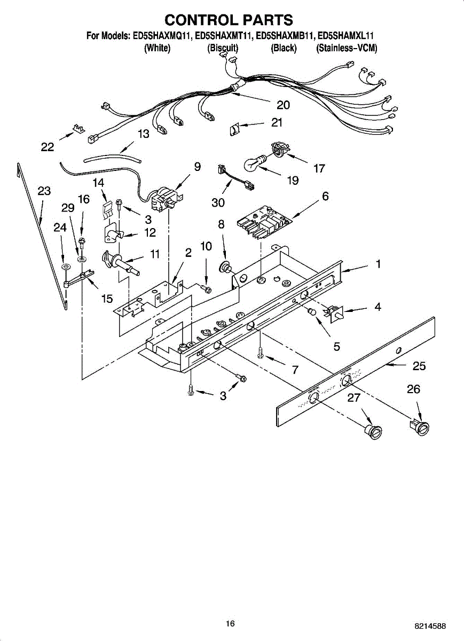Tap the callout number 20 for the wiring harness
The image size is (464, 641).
(x=283, y=105)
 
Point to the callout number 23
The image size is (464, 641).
(x=44, y=191)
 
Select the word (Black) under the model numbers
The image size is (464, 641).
(x=284, y=48)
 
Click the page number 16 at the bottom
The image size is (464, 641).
(x=230, y=623)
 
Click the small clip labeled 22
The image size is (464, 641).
(x=79, y=129)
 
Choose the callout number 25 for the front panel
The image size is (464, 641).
(x=419, y=366)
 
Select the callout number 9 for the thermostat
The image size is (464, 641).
(x=197, y=167)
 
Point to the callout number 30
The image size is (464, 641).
(x=218, y=202)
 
